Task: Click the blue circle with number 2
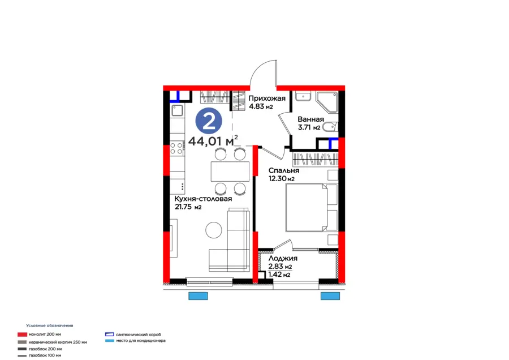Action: [x=208, y=120]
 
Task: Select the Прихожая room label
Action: [x=267, y=98]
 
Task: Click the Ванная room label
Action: [x=310, y=119]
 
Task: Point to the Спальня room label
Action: [x=283, y=170]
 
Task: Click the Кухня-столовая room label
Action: [x=204, y=199]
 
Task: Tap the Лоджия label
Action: [x=283, y=258]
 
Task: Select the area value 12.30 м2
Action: [x=281, y=179]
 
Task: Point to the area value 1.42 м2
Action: [x=279, y=275]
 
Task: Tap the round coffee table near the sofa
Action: [x=214, y=230]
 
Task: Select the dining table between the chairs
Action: [x=230, y=170]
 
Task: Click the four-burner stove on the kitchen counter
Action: [x=176, y=148]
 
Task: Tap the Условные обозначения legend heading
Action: [x=50, y=326]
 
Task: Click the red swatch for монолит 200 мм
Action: [x=22, y=335]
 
